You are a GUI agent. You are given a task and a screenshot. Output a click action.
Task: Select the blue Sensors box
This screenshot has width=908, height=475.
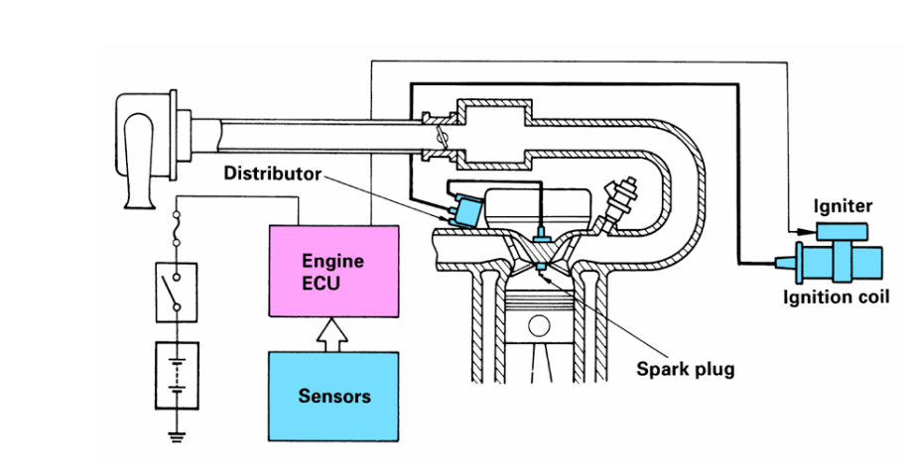click(x=334, y=396)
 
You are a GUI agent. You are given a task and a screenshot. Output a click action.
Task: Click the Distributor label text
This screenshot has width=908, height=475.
click(x=272, y=174)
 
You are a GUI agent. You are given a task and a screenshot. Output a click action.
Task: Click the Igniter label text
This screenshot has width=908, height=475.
click(x=843, y=206)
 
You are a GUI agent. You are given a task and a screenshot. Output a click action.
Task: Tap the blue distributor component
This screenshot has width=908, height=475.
click(x=465, y=211)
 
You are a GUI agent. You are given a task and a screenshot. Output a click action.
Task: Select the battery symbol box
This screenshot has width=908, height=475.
click(x=177, y=375)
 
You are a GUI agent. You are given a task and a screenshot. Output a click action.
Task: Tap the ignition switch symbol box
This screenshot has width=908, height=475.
click(x=177, y=291)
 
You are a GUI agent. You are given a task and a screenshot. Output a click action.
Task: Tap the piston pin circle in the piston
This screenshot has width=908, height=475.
click(x=539, y=325)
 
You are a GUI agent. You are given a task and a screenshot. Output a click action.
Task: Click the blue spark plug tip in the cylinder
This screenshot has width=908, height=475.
click(x=543, y=268)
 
